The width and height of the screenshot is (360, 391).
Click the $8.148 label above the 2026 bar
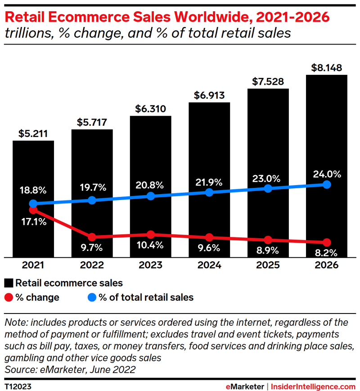point(326,68)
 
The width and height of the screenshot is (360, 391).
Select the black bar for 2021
point(33,171)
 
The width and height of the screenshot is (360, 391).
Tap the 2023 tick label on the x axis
point(151,265)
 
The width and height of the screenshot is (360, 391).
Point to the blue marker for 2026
point(327,185)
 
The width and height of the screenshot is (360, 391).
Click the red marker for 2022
point(92,237)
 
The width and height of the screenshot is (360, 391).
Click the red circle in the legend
point(8,297)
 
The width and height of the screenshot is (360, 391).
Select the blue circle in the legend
point(91,297)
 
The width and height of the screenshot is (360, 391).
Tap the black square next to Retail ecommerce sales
point(8,283)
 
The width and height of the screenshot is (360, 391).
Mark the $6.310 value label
point(151,109)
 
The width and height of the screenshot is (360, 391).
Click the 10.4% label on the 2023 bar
point(151,247)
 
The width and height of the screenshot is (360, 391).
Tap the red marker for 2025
point(268,240)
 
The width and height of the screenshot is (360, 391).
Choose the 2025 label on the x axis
point(268,265)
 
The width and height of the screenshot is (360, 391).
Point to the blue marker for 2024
point(209,192)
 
